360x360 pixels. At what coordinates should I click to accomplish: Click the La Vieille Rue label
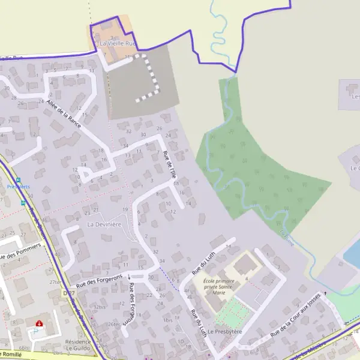(118, 44)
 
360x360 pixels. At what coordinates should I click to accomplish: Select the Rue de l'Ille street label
(170, 164)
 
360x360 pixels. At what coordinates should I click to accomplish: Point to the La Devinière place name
(104, 224)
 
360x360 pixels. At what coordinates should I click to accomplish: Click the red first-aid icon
(39, 323)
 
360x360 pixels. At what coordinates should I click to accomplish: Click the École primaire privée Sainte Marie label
(218, 286)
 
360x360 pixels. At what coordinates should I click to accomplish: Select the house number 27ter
(56, 282)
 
